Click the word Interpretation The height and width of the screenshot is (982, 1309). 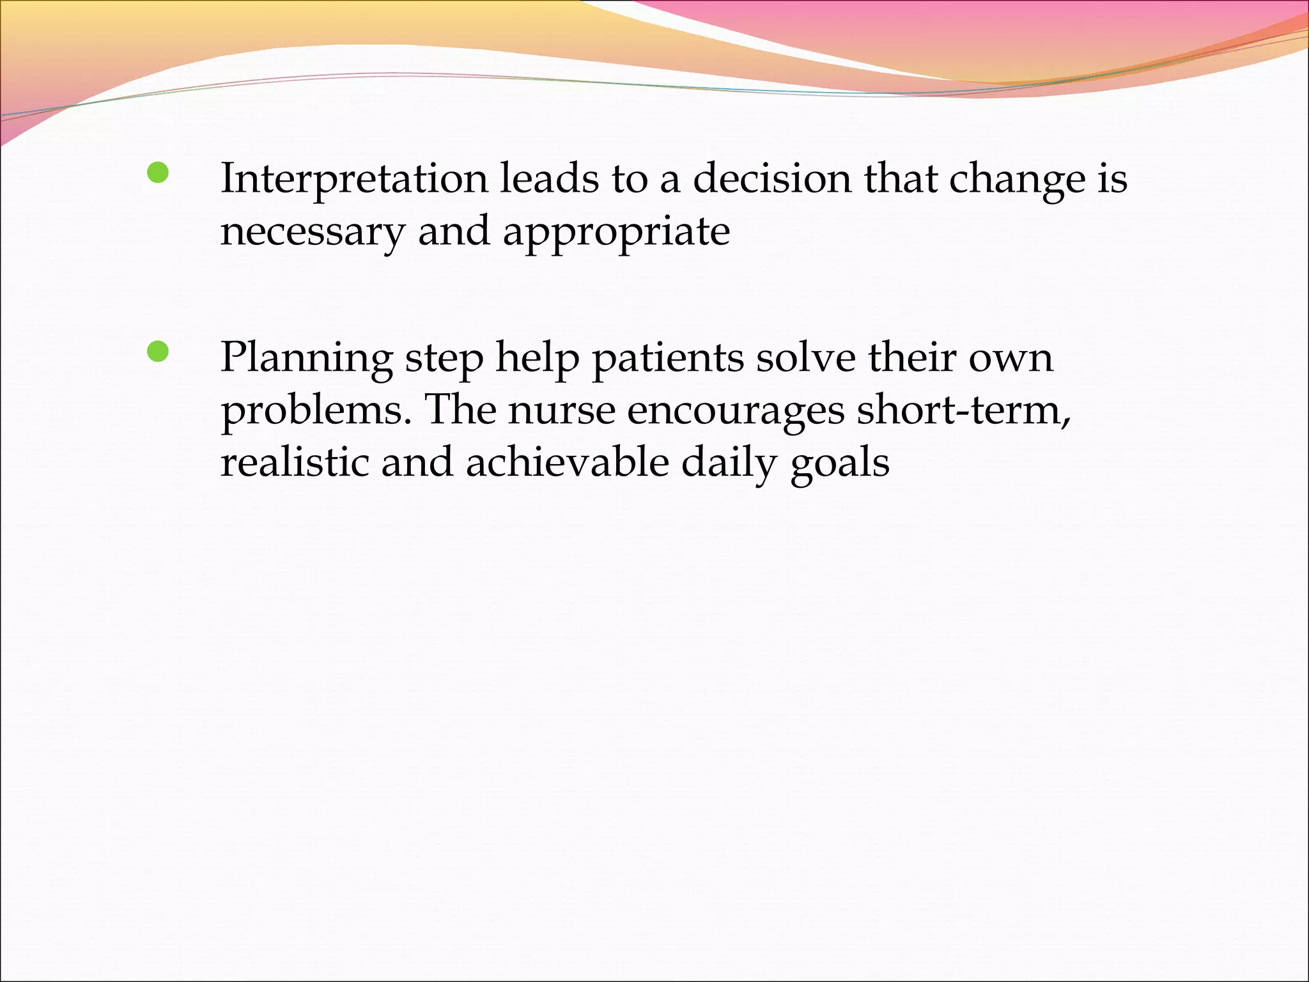click(353, 179)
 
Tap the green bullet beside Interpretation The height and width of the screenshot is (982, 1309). click(157, 173)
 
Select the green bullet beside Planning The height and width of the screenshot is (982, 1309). click(157, 352)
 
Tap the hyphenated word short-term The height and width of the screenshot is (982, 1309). click(963, 410)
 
